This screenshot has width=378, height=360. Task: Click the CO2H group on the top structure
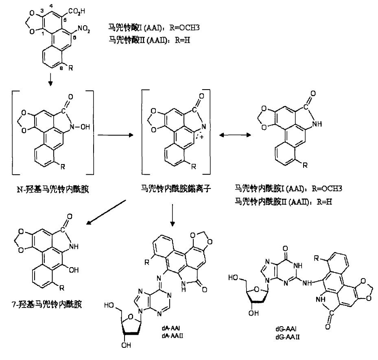pyautogui.click(x=76, y=11)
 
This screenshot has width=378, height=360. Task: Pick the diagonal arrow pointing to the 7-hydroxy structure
pyautogui.click(x=107, y=210)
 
